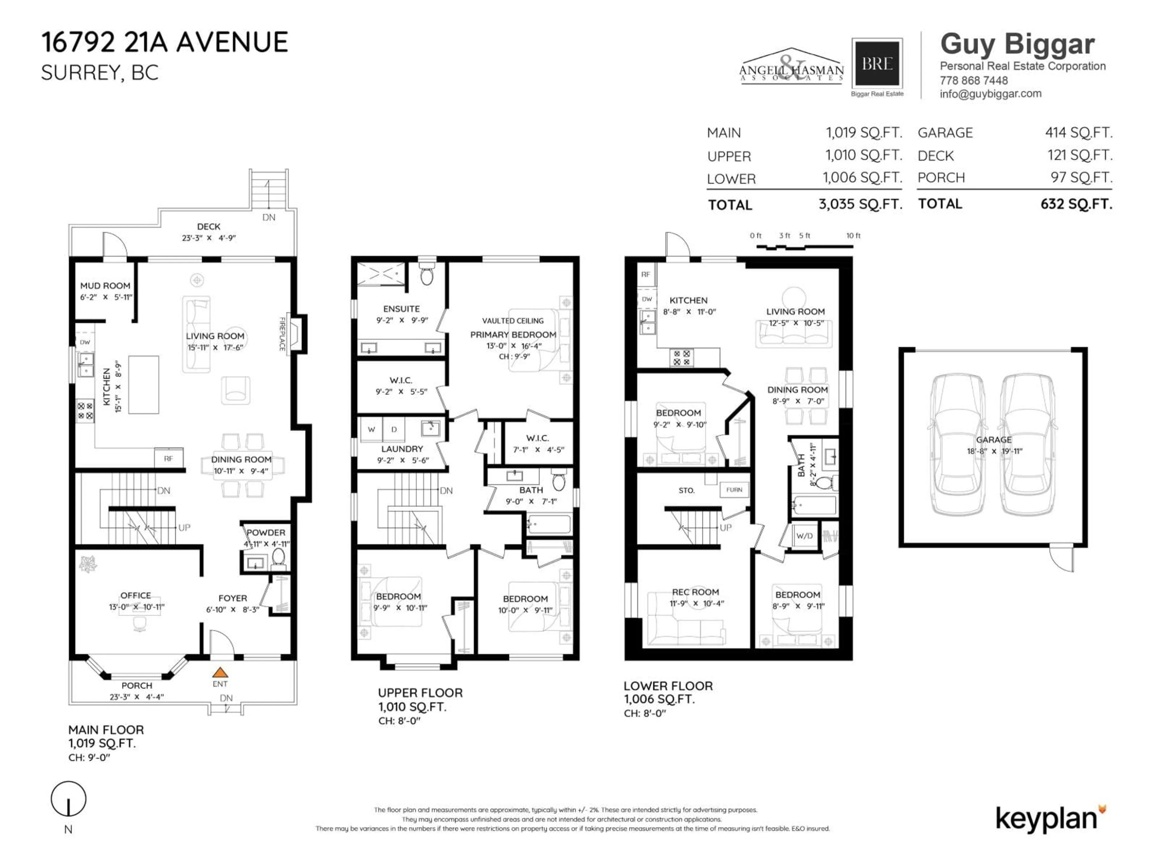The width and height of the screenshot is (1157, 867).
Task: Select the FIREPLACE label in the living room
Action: point(282,334)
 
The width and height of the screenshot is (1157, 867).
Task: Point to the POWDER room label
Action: point(266,533)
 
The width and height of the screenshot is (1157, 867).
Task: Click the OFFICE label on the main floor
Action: point(136,595)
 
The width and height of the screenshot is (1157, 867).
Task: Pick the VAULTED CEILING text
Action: point(513,321)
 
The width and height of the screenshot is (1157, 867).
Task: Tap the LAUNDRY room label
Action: point(402,449)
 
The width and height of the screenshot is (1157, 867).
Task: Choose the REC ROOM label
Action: point(695,592)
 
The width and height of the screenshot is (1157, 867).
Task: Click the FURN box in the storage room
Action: point(734,490)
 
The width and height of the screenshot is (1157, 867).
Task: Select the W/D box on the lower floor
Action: point(804,536)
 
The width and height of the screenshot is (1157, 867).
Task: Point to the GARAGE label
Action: point(993,440)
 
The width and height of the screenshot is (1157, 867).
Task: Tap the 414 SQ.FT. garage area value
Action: point(1079,133)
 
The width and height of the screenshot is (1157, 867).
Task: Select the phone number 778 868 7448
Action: point(974,80)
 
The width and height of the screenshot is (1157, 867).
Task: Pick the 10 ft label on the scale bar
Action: point(853,236)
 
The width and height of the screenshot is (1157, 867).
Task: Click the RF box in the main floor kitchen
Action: point(168,458)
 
